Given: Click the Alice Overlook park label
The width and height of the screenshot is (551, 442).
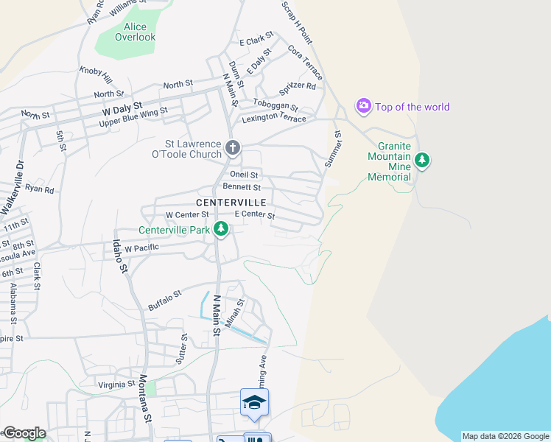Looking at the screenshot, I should [136, 32].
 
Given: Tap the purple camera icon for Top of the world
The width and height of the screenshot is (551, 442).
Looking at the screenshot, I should [363, 107].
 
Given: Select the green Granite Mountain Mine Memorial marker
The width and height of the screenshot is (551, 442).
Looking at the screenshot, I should [421, 159].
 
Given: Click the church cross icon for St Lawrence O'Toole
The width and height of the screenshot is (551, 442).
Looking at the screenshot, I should [233, 148].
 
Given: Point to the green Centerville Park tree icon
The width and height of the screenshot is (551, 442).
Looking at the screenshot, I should [220, 230].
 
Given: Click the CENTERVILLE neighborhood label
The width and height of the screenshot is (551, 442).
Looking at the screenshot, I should [231, 202].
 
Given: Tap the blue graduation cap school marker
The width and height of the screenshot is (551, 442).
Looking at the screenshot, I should [254, 402].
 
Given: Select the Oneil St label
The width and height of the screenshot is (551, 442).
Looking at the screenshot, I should [244, 175].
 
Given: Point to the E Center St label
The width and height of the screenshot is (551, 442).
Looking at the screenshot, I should [254, 215].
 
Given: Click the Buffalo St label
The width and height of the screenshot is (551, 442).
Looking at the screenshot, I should [164, 300].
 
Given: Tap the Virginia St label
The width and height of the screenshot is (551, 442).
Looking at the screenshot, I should [116, 384].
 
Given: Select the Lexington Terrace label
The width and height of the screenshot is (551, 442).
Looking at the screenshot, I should [279, 119].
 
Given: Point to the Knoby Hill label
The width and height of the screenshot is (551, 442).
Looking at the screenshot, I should [96, 74].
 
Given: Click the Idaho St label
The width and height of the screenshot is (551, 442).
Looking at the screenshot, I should [119, 255].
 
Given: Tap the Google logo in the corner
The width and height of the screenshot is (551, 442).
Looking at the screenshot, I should [24, 433].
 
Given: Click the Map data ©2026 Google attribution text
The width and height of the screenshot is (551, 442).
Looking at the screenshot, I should [505, 436].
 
